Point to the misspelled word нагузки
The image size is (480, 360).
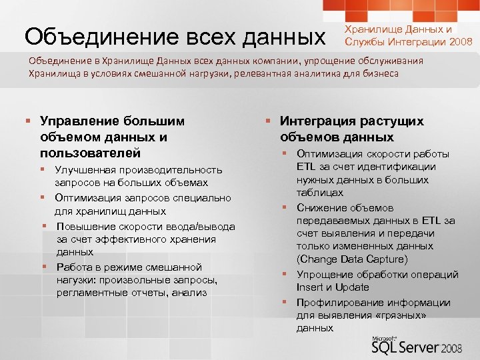[x=75, y=279]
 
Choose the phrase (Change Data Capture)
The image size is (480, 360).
[x=351, y=259]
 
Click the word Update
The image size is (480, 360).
[x=353, y=287]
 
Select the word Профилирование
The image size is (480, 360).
[x=335, y=302]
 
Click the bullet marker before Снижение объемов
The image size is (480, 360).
[x=283, y=208]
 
